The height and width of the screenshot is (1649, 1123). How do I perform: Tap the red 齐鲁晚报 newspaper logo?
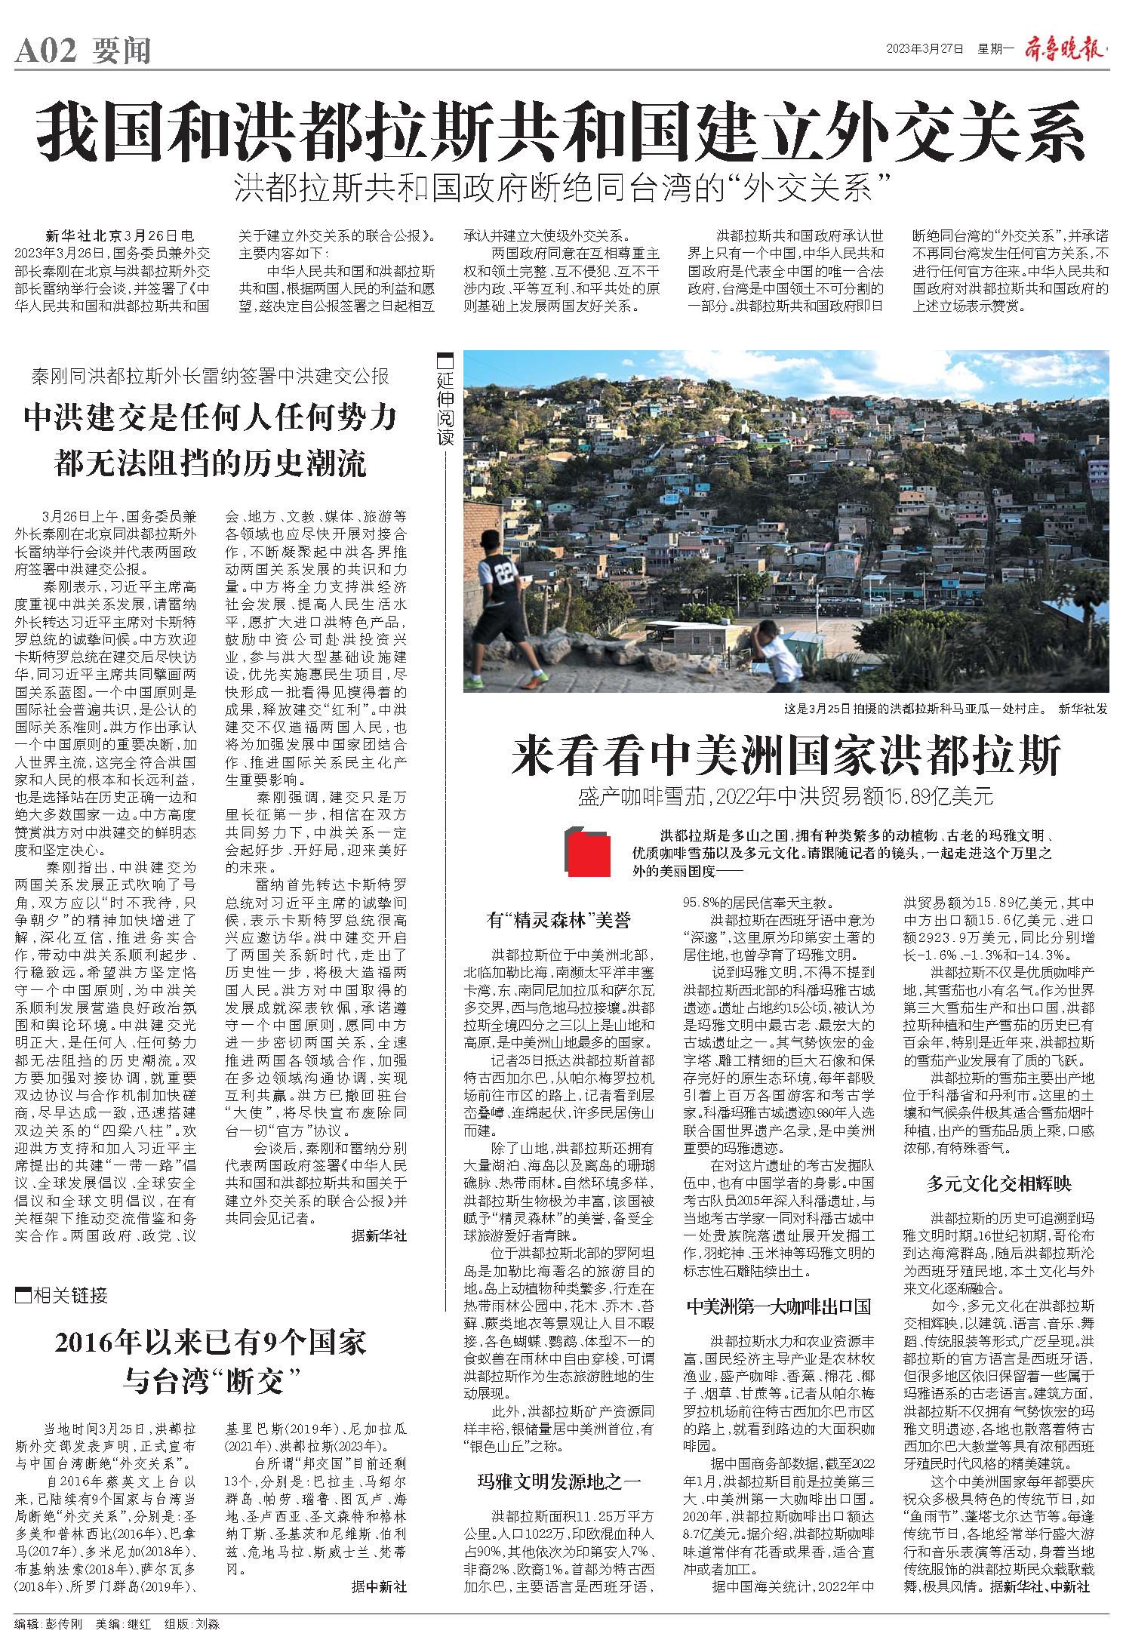[x=1064, y=49]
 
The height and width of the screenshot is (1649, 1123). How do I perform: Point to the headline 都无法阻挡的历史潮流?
[x=211, y=463]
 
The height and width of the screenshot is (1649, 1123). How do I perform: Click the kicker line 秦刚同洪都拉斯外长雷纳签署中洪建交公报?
[x=211, y=376]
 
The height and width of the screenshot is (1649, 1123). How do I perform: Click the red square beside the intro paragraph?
[x=589, y=853]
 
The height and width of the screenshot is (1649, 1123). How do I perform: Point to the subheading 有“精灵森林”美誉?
[x=558, y=920]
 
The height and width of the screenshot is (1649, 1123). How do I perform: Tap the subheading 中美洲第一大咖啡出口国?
[x=779, y=1306]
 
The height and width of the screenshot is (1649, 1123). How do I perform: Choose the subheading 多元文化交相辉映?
[x=999, y=1183]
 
